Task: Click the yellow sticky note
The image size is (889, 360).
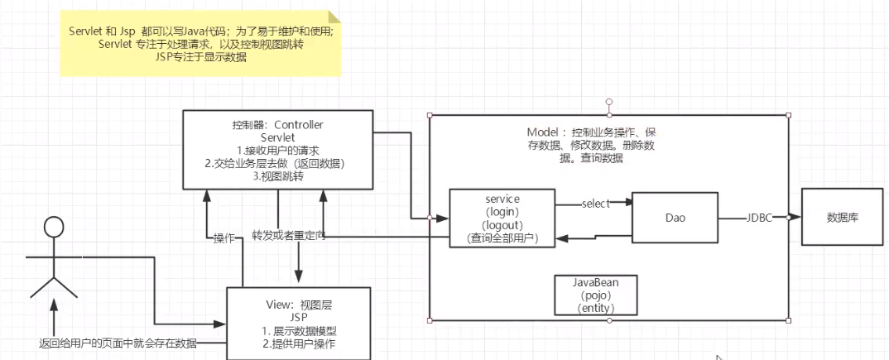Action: pos(199,42)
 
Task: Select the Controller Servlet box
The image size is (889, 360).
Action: pos(277,150)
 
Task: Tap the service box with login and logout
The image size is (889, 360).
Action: pos(501,217)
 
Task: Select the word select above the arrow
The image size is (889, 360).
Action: pos(595,203)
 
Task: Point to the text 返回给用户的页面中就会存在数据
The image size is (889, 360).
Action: pos(118,343)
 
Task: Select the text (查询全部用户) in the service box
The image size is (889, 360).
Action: pos(502,238)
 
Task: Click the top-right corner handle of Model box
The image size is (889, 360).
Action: pos(788,115)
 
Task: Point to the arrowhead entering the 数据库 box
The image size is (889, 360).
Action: pos(795,218)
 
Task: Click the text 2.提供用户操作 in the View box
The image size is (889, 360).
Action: pos(301,343)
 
